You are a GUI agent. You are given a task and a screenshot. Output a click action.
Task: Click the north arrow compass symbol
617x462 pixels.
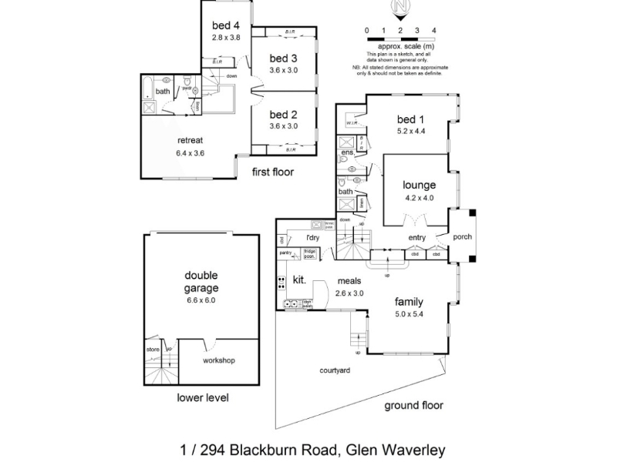pyautogui.click(x=400, y=8)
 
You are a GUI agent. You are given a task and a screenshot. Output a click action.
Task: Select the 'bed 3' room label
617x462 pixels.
pyautogui.click(x=284, y=59)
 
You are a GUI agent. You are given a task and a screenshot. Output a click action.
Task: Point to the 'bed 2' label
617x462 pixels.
pyautogui.click(x=284, y=115)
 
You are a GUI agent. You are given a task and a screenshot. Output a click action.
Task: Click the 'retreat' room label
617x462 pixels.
pyautogui.click(x=190, y=140)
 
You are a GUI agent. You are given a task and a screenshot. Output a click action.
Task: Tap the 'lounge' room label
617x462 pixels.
pyautogui.click(x=419, y=185)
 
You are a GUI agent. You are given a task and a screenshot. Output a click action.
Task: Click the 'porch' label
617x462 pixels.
pyautogui.click(x=463, y=237)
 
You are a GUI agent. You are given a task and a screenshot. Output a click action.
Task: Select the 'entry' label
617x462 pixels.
pyautogui.click(x=416, y=237)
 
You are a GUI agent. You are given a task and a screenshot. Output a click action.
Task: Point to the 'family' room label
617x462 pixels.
pyautogui.click(x=410, y=301)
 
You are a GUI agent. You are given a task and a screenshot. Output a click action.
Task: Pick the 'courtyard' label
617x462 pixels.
pyautogui.click(x=335, y=370)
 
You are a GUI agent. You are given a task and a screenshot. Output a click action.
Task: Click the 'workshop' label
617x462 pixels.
pyautogui.click(x=218, y=360)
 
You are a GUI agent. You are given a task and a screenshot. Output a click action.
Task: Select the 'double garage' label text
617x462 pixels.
pyautogui.click(x=201, y=282)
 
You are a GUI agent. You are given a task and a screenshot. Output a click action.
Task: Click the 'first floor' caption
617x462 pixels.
pyautogui.click(x=273, y=172)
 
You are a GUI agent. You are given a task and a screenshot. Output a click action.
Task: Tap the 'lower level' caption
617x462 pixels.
pyautogui.click(x=203, y=398)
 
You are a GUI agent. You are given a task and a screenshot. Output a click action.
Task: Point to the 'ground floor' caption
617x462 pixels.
pyautogui.click(x=414, y=405)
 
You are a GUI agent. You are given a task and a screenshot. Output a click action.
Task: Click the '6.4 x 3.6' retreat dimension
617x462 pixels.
pyautogui.click(x=190, y=152)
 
